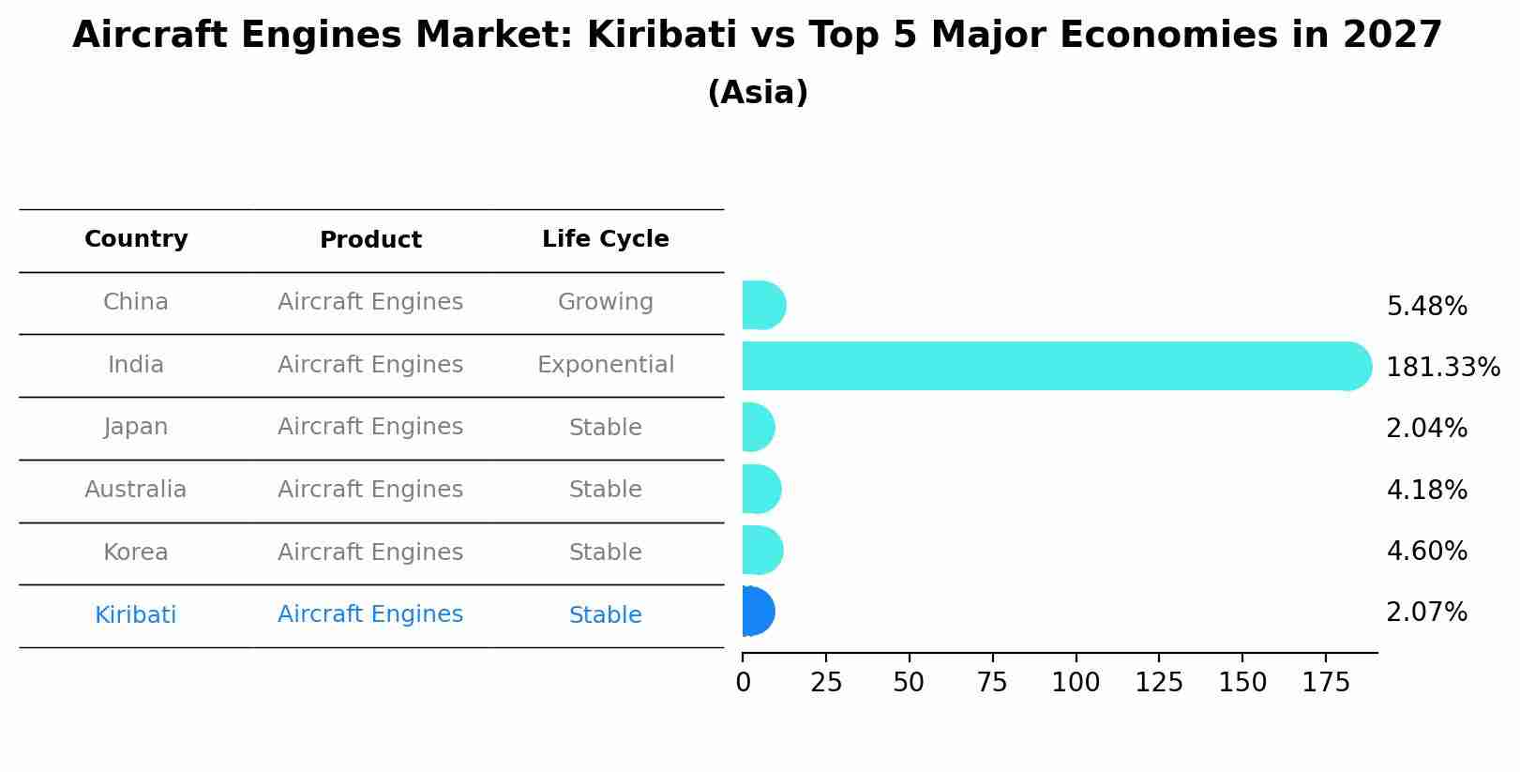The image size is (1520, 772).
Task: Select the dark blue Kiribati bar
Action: (758, 612)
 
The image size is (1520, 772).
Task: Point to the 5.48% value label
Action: (1426, 307)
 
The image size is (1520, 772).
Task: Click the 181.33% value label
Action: (1442, 368)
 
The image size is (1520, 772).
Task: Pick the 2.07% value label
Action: (1426, 613)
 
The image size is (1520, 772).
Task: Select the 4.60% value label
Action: (1426, 552)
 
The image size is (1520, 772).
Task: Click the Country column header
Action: (136, 239)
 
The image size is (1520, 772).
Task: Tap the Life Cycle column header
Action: (605, 239)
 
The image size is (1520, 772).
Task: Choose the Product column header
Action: (370, 240)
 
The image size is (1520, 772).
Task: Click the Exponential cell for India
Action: (605, 365)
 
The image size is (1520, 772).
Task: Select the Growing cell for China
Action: (605, 302)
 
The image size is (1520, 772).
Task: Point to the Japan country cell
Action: (136, 427)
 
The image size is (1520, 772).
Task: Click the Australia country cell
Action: (136, 490)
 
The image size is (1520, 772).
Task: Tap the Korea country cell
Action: (136, 553)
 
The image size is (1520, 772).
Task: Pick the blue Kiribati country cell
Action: (136, 615)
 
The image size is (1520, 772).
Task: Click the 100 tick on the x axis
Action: (1076, 683)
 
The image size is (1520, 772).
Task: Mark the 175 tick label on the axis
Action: (1325, 683)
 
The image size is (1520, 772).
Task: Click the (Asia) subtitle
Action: (758, 93)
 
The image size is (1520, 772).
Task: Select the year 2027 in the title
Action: (1392, 36)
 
